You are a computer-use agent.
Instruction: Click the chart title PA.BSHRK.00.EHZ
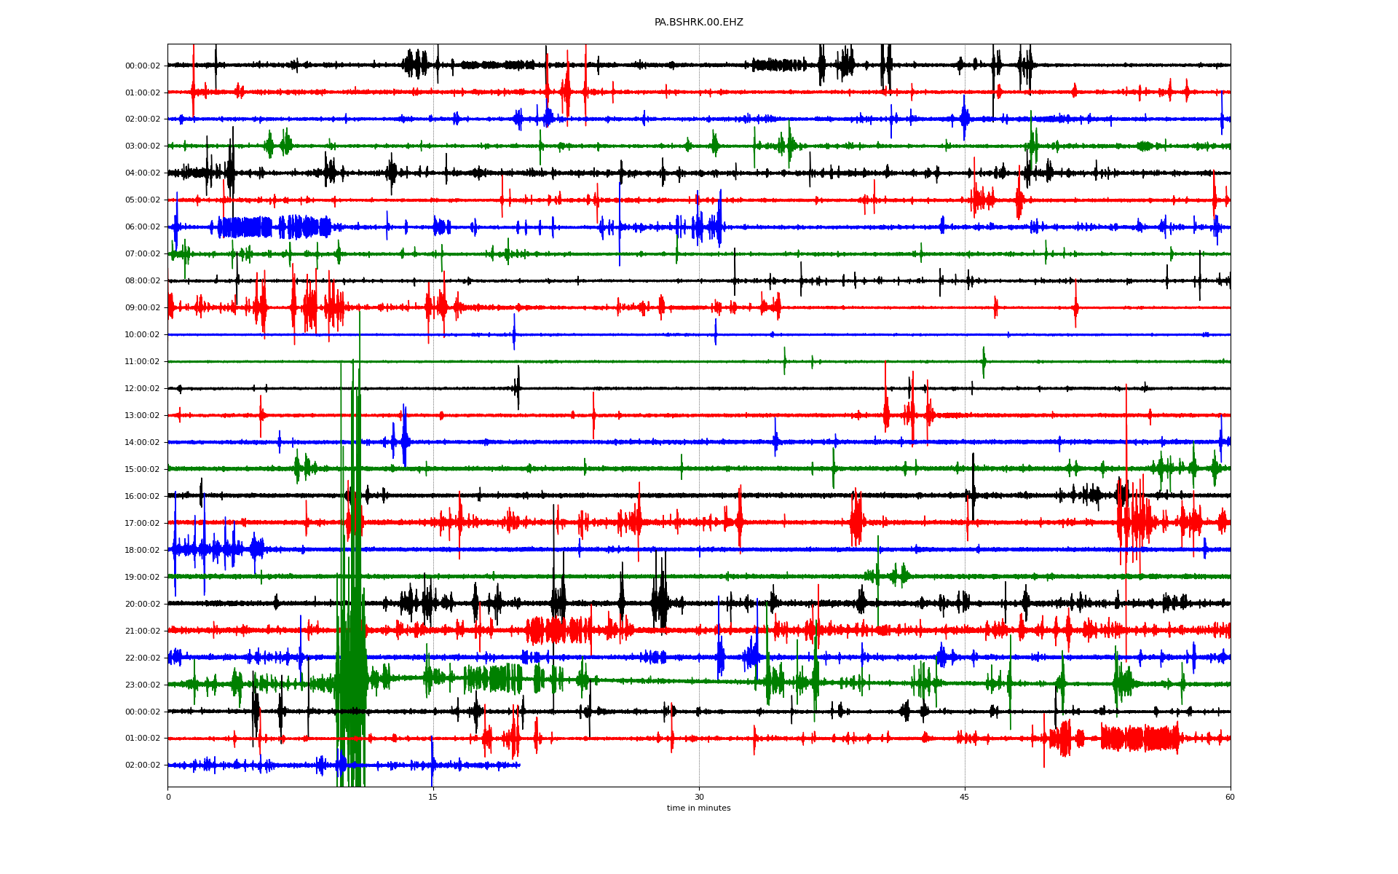click(x=698, y=23)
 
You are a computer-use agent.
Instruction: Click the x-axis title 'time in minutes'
click(x=698, y=808)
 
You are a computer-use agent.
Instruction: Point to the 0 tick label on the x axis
click(x=168, y=797)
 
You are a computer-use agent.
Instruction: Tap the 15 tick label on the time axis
click(x=433, y=797)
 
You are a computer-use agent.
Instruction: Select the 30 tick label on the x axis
click(x=699, y=797)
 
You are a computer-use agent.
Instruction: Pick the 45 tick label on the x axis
click(x=965, y=797)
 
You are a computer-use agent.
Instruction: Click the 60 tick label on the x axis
click(x=1230, y=797)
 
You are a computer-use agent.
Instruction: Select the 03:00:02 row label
click(x=143, y=146)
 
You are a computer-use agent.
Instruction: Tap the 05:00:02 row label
click(x=143, y=200)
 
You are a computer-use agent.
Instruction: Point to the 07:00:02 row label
click(x=143, y=254)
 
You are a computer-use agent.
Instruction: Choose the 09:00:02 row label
click(x=143, y=308)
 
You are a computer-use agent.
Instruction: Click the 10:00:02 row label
click(x=143, y=335)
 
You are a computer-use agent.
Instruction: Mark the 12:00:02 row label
click(x=143, y=389)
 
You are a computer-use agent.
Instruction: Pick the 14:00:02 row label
click(x=143, y=443)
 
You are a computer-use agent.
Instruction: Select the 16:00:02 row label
click(x=143, y=497)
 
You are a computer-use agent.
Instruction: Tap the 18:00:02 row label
click(x=143, y=551)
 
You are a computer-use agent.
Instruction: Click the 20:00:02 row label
click(x=143, y=605)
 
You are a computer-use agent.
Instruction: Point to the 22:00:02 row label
click(x=143, y=658)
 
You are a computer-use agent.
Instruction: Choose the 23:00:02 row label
click(x=143, y=685)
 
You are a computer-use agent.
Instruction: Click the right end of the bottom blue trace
click(x=519, y=765)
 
